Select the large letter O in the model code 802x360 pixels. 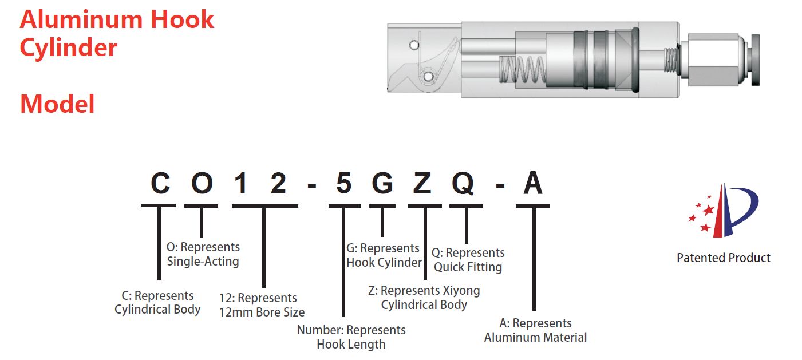coord(202,184)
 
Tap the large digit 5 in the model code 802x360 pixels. coord(343,184)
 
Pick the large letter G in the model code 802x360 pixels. coord(382,184)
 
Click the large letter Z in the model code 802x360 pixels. coord(424,184)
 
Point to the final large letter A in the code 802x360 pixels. coord(533,184)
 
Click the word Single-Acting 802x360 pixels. coord(203,262)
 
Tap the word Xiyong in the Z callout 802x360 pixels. coord(460,290)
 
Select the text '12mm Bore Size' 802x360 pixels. coord(262,312)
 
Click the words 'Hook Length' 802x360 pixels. coord(351,345)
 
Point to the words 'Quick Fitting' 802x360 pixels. coord(468,267)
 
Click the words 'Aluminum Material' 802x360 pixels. coord(535,337)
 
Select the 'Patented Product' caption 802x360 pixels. coord(723,258)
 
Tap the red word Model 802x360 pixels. coord(57,104)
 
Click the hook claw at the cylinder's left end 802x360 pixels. coord(424,66)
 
